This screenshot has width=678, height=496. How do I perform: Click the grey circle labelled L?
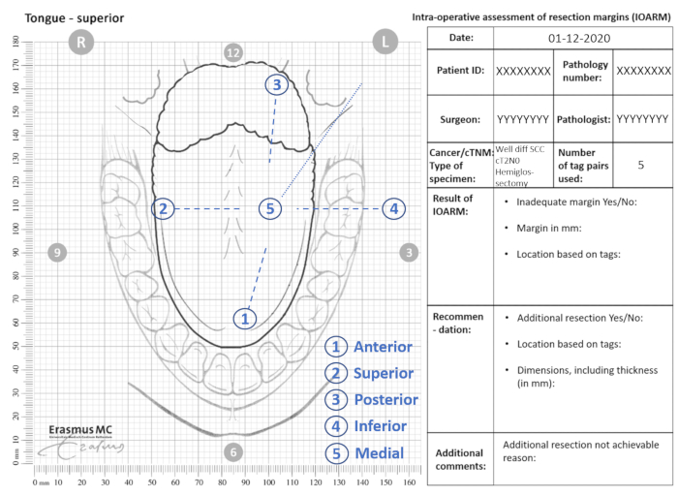point(385,42)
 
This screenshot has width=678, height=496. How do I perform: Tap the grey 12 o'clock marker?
point(232,52)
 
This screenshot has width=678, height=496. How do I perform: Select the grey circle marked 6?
point(232,452)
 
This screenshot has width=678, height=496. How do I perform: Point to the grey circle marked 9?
point(57,253)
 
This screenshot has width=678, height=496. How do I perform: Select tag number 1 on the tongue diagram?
point(245,318)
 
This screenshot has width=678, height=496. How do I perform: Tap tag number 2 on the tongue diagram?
point(165,208)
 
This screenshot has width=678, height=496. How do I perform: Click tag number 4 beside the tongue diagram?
point(392,208)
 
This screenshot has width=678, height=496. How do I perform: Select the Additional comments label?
point(459,459)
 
